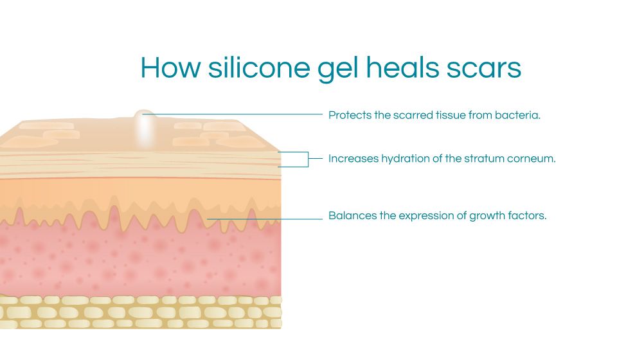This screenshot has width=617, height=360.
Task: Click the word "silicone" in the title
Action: [x=259, y=67]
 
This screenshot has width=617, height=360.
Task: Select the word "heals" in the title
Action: [x=402, y=67]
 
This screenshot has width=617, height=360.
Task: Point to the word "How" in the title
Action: [x=170, y=67]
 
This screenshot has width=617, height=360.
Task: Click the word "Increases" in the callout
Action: [x=353, y=159]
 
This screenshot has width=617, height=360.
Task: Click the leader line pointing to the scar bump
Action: [x=233, y=114]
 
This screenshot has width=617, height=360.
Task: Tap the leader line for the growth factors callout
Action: [x=265, y=219]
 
